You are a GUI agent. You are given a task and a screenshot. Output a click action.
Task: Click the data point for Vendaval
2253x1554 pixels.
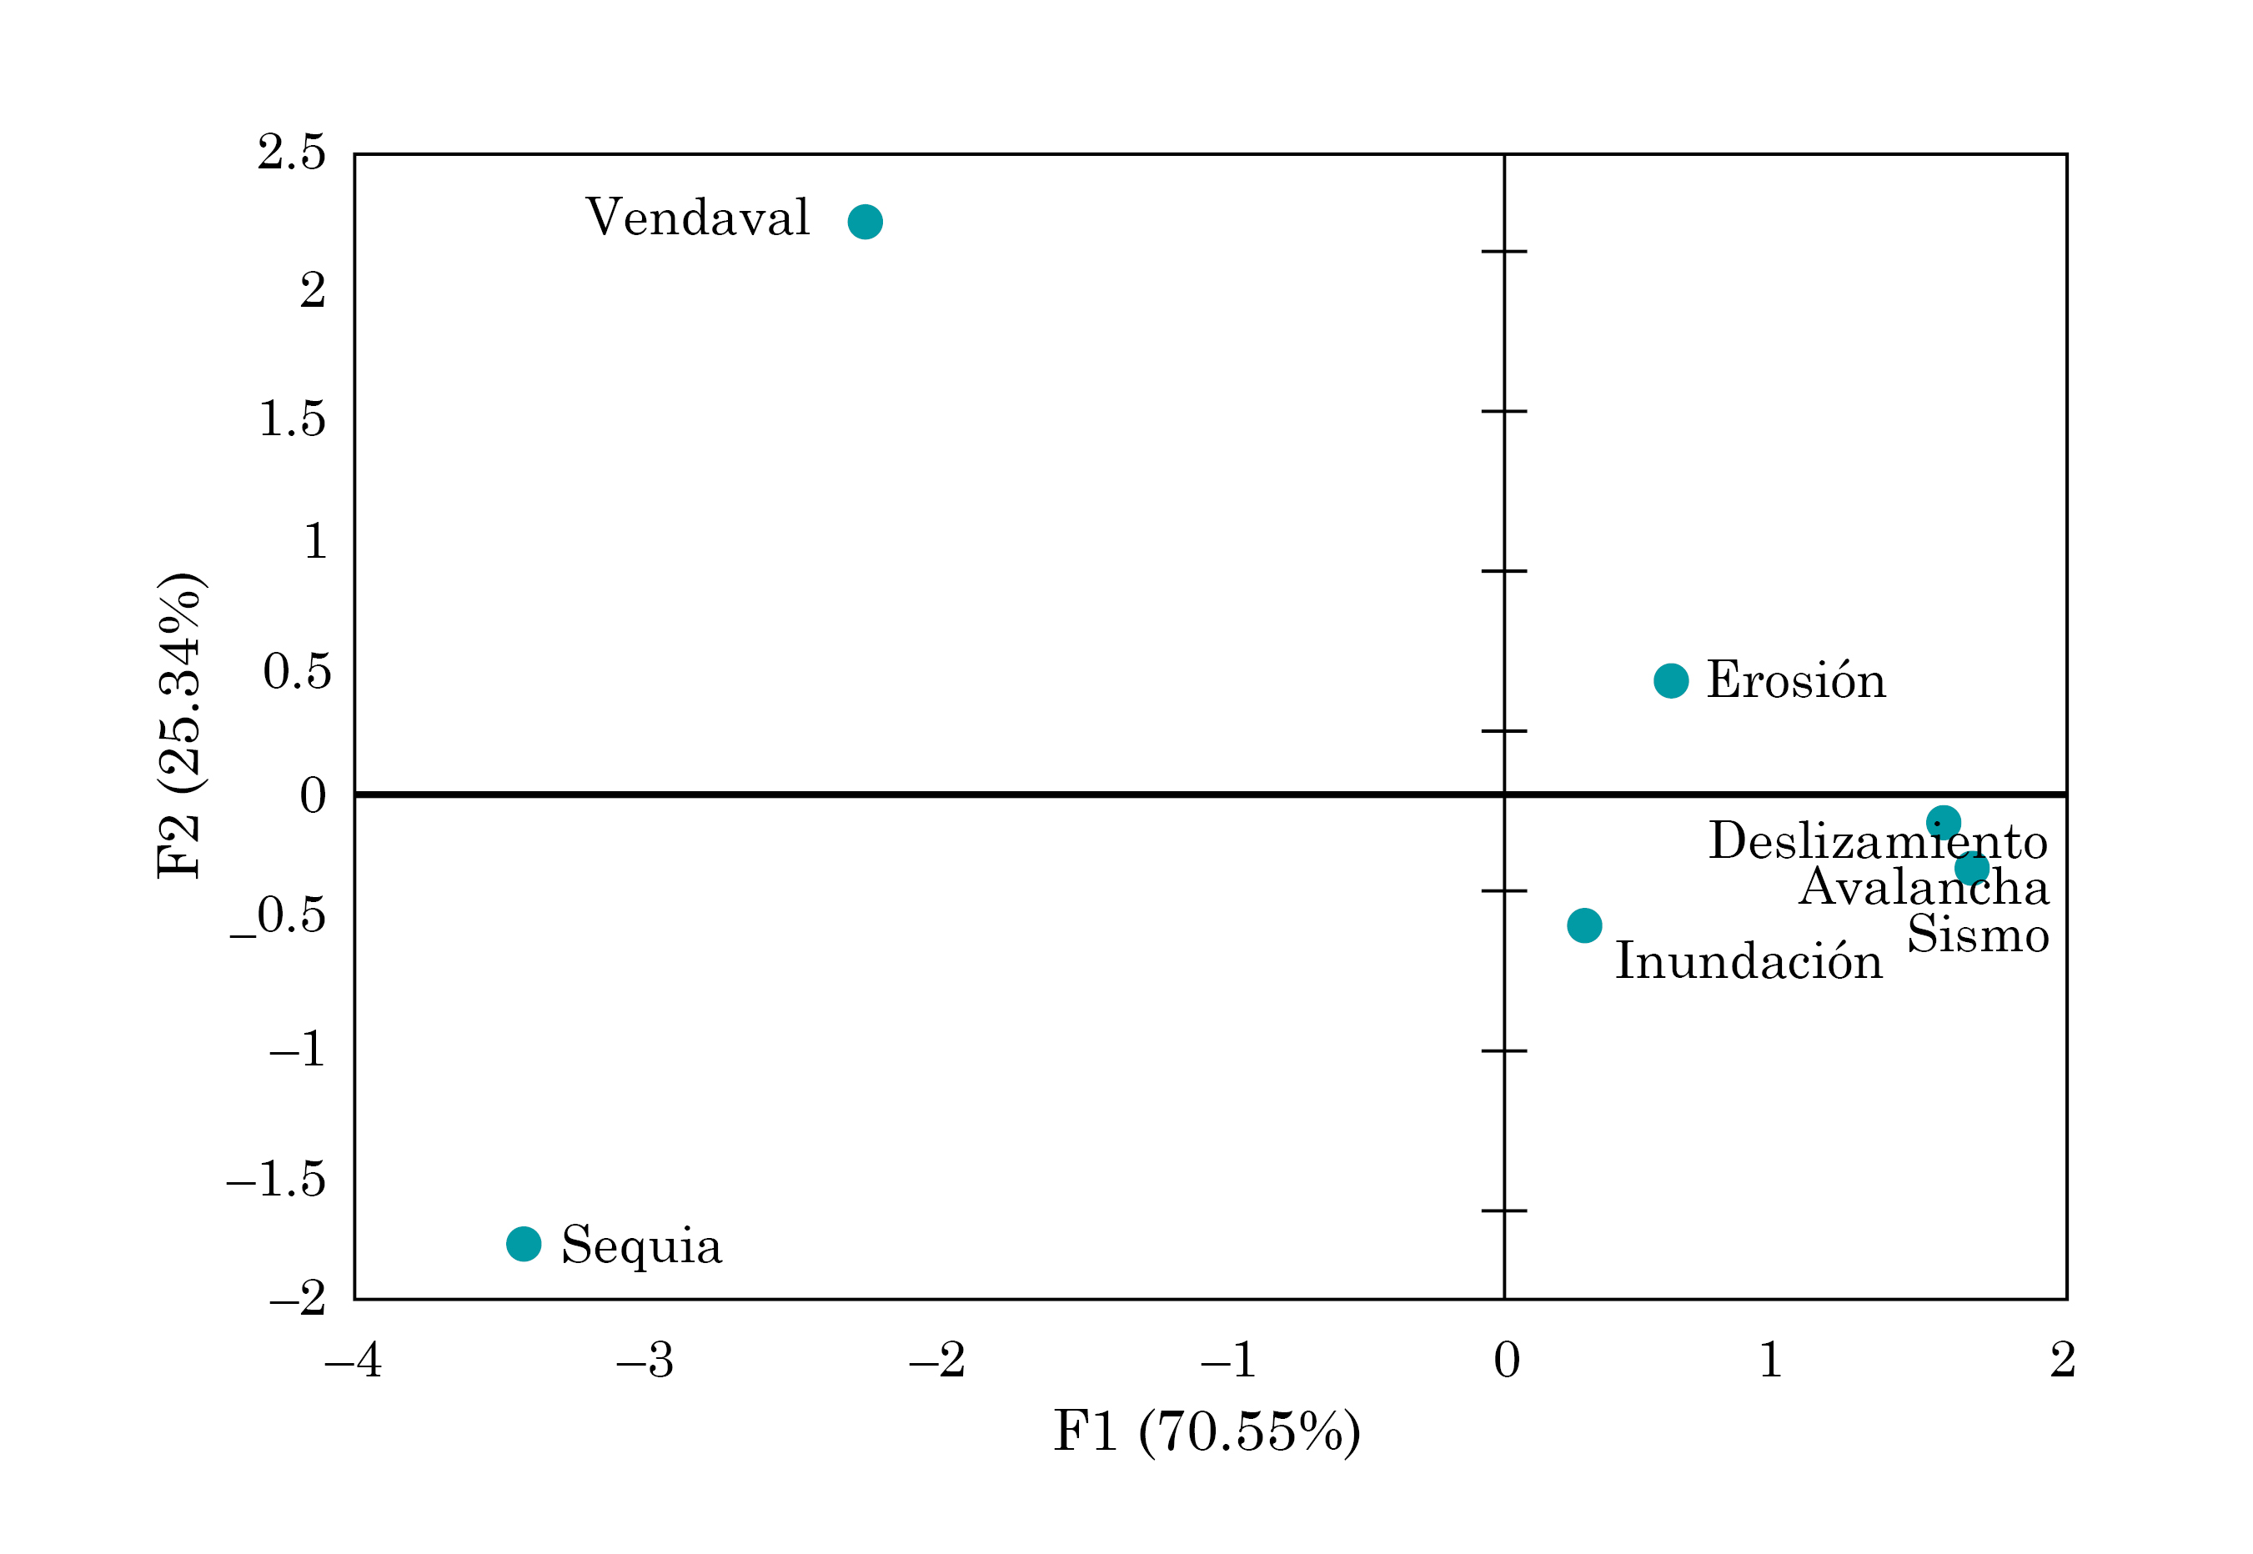[x=865, y=222]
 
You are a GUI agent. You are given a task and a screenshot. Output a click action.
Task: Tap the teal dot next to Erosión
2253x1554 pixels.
[x=1671, y=680]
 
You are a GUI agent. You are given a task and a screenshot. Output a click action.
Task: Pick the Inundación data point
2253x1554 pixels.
[x=1584, y=925]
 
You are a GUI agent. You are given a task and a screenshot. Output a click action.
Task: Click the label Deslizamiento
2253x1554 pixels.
[x=1877, y=841]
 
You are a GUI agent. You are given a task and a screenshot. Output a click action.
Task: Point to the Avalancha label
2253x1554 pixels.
[x=1923, y=887]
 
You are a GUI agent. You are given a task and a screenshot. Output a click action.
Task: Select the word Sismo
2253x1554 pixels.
[x=1978, y=935]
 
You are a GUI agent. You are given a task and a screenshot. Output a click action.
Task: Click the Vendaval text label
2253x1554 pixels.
[x=697, y=217]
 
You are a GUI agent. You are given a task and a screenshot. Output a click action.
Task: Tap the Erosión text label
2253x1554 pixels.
[x=1796, y=679]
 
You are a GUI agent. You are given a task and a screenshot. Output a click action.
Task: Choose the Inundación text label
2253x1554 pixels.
[x=1749, y=961]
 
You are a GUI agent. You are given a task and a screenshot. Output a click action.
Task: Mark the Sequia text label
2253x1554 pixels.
[x=641, y=1246]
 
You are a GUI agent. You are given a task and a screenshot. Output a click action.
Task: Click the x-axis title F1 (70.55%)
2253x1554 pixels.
[x=1207, y=1431]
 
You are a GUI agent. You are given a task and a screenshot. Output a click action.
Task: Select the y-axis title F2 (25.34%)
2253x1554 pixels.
[x=181, y=725]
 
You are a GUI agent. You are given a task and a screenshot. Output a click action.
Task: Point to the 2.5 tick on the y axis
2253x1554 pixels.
[x=291, y=153]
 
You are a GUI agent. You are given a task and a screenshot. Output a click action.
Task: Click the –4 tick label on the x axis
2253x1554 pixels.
[x=354, y=1361]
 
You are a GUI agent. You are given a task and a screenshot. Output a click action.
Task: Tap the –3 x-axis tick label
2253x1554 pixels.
[x=645, y=1361]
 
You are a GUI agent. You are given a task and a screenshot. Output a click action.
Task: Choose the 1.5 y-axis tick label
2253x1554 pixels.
[x=291, y=419]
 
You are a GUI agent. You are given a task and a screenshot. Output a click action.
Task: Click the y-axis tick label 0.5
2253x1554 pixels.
[x=297, y=672]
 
